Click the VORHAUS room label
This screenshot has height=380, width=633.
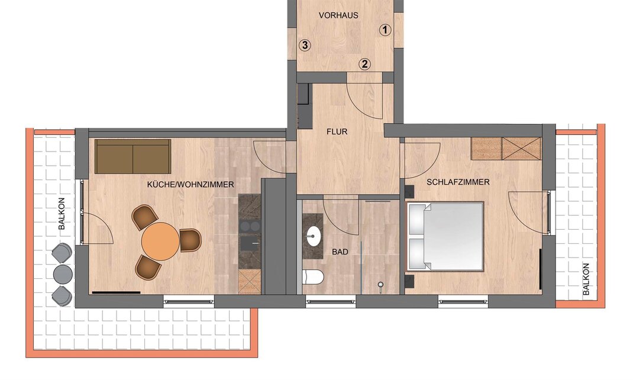[x=338, y=15]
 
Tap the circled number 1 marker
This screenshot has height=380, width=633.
[x=385, y=30]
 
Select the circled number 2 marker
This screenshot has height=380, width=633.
[x=364, y=64]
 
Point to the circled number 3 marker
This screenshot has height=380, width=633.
[x=305, y=45]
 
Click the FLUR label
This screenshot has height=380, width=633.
[x=337, y=131]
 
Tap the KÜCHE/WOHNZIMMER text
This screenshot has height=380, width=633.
[x=190, y=185]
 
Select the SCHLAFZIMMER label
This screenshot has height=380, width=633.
[x=458, y=182]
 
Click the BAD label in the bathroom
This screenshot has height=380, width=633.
[x=340, y=252]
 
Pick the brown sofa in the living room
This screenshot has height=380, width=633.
[x=133, y=157]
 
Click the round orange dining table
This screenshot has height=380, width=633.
[x=160, y=241]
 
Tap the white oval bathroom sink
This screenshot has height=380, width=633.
[x=314, y=236]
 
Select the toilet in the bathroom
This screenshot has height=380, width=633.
[x=313, y=276]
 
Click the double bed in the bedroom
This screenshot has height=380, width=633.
[x=445, y=237]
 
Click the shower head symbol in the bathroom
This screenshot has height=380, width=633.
[x=380, y=285]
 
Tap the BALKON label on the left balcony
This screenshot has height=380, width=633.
[x=62, y=214]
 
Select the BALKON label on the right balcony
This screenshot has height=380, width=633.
[x=586, y=279]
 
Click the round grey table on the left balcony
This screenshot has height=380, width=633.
[x=63, y=275]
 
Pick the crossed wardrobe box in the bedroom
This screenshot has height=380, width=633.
[x=521, y=149]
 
